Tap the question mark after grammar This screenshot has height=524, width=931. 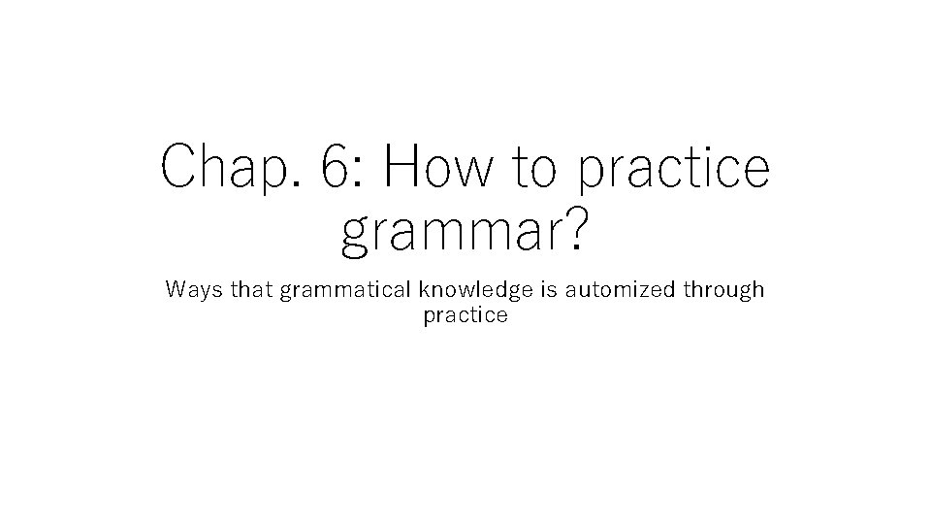pos(574,229)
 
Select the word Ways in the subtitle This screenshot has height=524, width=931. pos(190,290)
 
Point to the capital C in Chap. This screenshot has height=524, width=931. pos(180,166)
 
